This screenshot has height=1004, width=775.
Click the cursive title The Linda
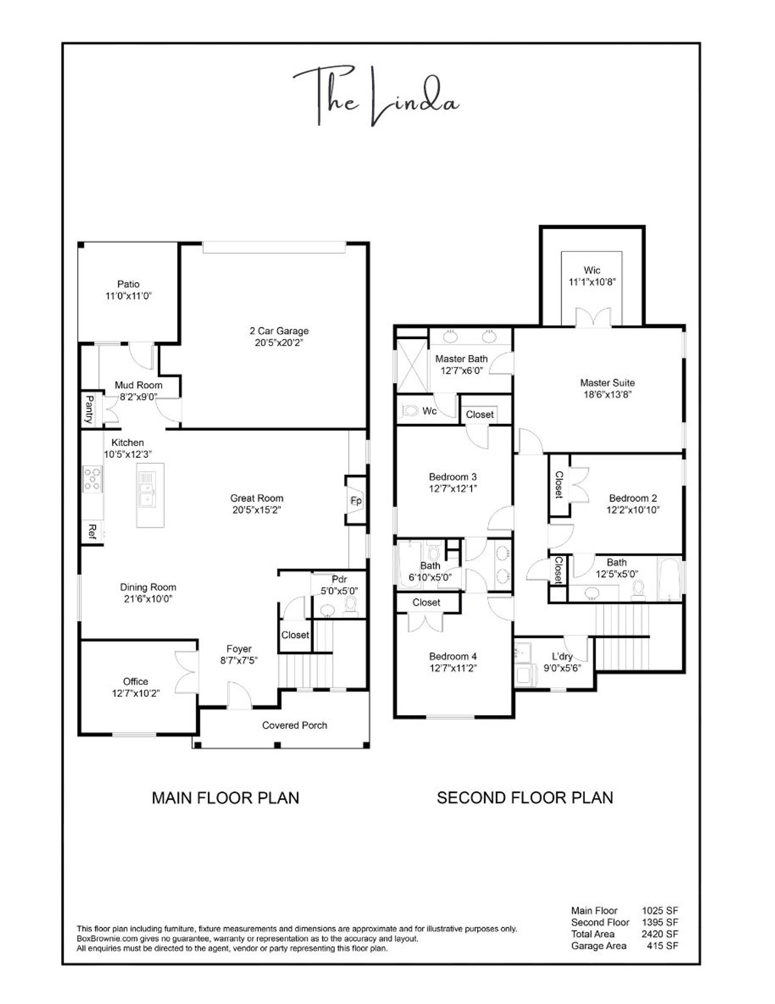tap(375, 97)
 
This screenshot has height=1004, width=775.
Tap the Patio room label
tap(128, 284)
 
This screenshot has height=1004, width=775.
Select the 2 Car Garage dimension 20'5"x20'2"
tap(279, 343)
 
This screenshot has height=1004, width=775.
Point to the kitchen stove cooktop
tap(93, 478)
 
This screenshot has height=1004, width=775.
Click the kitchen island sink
tap(147, 489)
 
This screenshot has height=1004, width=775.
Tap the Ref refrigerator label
tap(92, 532)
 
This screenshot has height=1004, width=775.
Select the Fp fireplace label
tap(356, 501)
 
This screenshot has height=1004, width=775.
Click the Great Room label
tap(257, 498)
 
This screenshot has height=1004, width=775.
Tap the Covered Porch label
tap(294, 725)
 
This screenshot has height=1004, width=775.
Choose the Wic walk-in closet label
tap(592, 270)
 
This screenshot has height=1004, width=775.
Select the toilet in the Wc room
tap(411, 411)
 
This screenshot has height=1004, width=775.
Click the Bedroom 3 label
tap(452, 477)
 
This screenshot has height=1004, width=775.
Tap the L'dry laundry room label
tap(562, 656)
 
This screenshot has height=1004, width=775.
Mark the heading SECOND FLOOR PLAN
tap(524, 798)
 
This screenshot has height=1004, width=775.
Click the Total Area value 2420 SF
tap(660, 934)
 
